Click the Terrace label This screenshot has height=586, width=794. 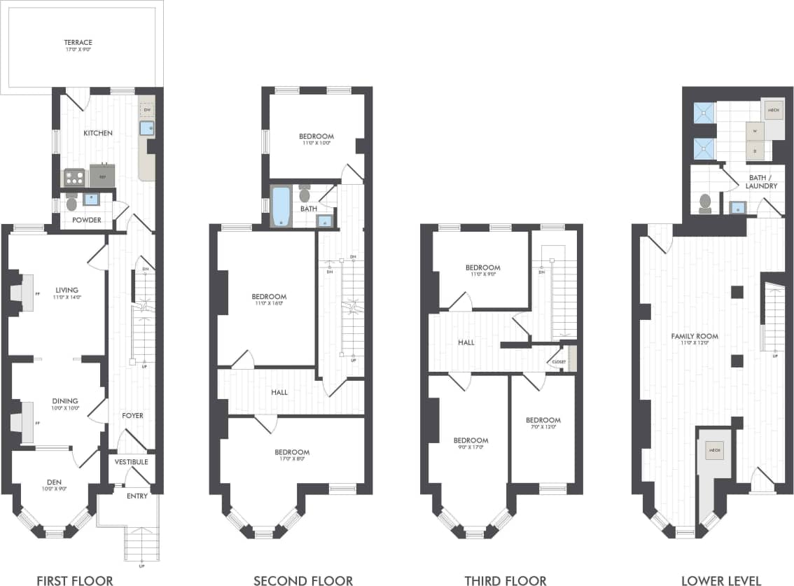pos(78,42)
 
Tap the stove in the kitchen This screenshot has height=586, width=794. pos(74,177)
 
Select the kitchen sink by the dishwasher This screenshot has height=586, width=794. pos(147,127)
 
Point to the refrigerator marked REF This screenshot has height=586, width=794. pos(102,175)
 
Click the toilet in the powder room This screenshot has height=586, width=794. pos(71,202)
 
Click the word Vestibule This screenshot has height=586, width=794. pos(131,461)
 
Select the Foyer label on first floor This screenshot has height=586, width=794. pos(132,415)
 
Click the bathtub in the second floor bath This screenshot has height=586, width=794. pos(281,206)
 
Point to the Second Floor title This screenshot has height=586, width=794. pos(302,580)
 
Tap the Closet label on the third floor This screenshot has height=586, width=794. pos(558,362)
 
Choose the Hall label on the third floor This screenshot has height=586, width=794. pos(466,342)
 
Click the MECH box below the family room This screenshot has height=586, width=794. pos(714,449)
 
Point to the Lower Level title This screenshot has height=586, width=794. pos(721,580)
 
